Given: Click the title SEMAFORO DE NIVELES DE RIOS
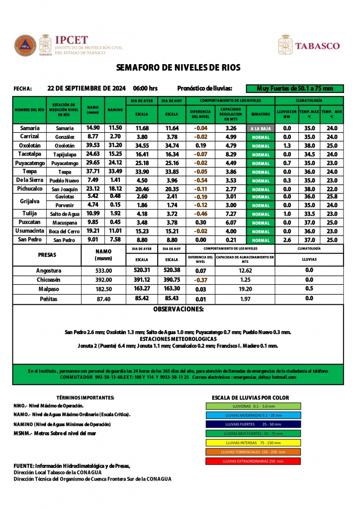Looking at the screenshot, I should [178, 67].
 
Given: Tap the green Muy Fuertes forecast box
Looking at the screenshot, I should [295, 88].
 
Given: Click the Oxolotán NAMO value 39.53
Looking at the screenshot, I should [93, 146].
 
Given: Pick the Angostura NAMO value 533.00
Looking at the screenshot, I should [103, 270].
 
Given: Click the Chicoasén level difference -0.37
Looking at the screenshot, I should [200, 280].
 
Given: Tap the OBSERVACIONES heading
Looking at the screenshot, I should [178, 309].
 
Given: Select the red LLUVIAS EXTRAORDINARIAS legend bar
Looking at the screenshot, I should [253, 461].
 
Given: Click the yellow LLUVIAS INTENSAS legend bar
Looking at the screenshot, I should [253, 442].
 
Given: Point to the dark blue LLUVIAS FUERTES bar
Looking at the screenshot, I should [253, 424].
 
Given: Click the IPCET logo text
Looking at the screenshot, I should [72, 40].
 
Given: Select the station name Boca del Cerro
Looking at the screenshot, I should [65, 232].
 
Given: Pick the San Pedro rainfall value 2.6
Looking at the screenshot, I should [287, 240].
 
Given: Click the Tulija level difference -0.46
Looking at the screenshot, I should [200, 213].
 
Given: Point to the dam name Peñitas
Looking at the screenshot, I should [49, 299].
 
